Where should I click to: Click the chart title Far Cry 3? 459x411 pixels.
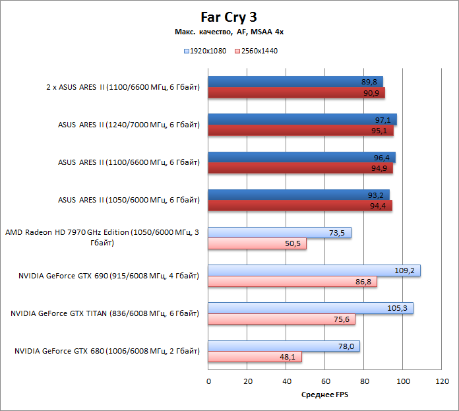[x=229, y=16]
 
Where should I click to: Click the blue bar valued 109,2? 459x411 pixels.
[x=314, y=270]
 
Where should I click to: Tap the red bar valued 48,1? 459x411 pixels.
[x=255, y=357]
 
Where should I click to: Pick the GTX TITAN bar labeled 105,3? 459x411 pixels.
[x=310, y=308]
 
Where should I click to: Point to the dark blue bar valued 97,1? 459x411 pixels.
[x=302, y=119]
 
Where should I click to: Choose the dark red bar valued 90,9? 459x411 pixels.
[x=296, y=93]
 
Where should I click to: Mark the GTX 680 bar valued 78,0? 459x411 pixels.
[x=284, y=346]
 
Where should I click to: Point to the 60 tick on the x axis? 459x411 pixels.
[x=325, y=381]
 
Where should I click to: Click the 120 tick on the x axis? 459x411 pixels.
[x=442, y=381]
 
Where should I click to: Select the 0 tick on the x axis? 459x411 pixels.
[x=208, y=381]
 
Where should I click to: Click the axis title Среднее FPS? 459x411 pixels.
[x=324, y=395]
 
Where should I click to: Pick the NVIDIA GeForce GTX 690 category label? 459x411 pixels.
[x=109, y=276]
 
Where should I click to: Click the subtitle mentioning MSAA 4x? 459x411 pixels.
[x=229, y=32]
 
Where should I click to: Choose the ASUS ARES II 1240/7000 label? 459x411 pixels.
[x=129, y=125]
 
